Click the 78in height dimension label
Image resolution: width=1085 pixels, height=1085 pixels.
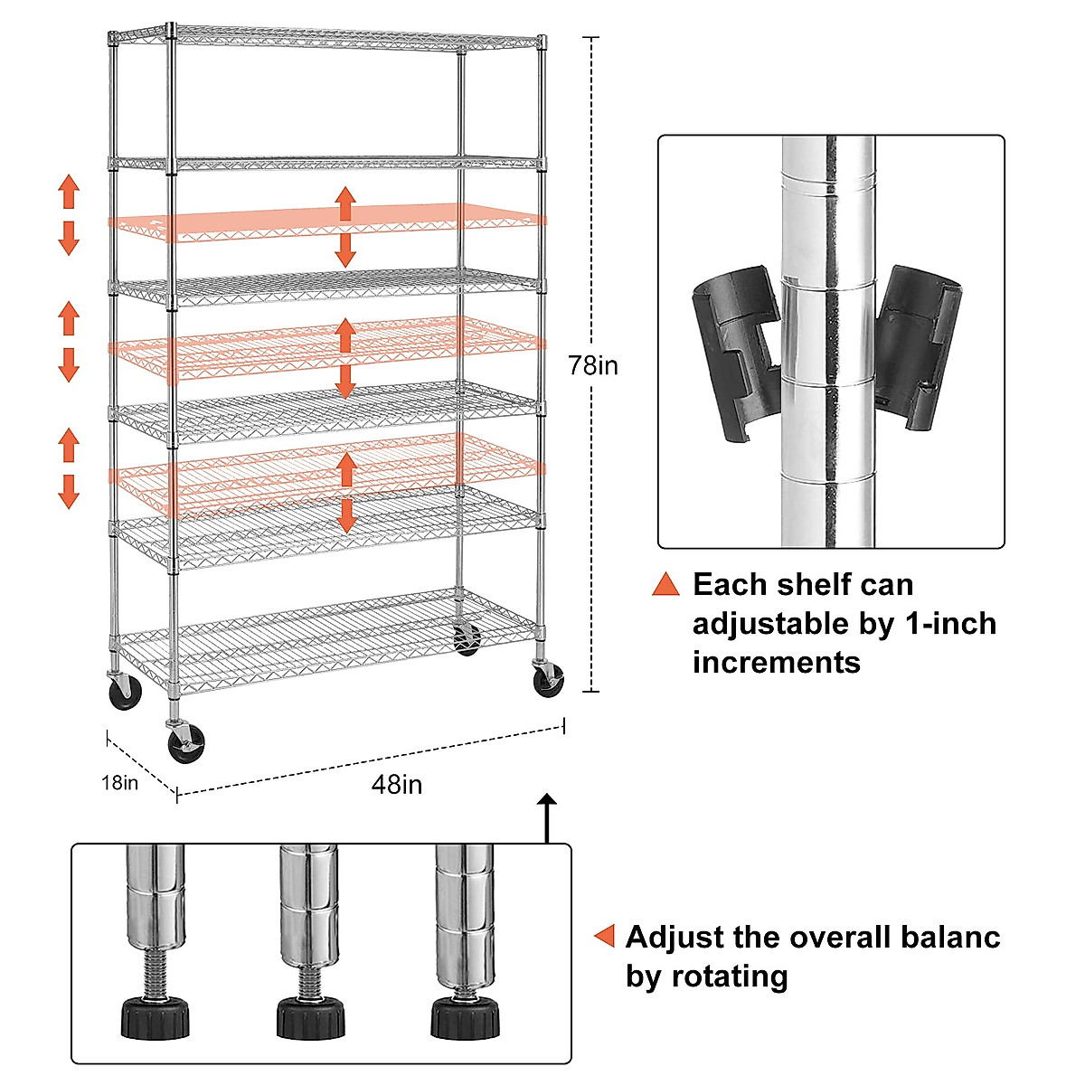click(x=593, y=365)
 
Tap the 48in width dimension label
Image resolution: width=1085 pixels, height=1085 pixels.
click(x=396, y=784)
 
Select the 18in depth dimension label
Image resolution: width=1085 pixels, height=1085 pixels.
click(x=120, y=783)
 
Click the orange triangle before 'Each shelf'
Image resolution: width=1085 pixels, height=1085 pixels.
click(x=665, y=585)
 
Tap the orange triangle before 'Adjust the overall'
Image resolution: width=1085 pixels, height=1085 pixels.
click(x=604, y=937)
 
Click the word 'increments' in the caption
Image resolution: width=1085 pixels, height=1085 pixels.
click(x=777, y=662)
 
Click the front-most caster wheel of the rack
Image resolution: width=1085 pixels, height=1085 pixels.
click(x=186, y=746)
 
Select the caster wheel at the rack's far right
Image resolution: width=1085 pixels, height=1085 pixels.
click(x=548, y=680)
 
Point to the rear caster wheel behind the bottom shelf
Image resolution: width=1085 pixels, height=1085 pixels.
click(x=467, y=640)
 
